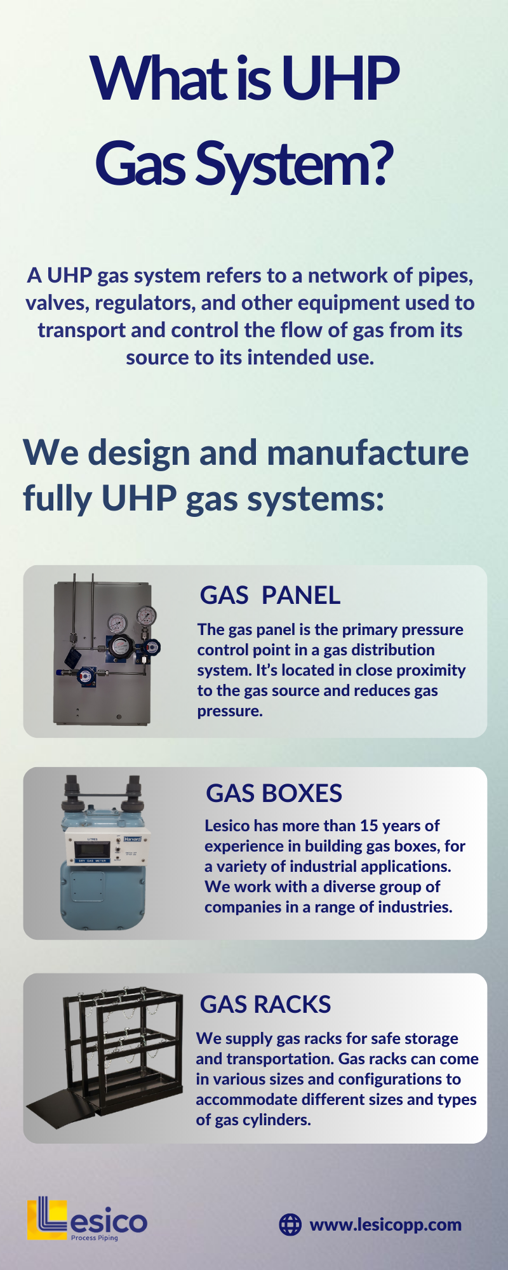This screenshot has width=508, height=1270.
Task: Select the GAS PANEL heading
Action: (x=270, y=595)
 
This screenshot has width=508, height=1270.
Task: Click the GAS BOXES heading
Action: (x=274, y=793)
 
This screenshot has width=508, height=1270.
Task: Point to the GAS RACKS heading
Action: (x=265, y=1004)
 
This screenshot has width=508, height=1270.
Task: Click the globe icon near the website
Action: (x=290, y=1224)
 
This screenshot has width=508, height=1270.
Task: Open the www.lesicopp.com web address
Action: (x=385, y=1224)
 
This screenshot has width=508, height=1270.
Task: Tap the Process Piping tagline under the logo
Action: (x=95, y=1238)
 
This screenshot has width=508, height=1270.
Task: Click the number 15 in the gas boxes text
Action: (x=369, y=825)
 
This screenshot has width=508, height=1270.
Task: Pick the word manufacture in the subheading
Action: (x=368, y=453)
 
